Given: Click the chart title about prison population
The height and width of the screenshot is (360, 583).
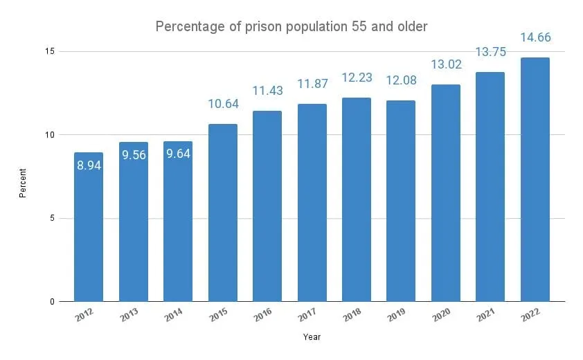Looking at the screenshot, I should [291, 26].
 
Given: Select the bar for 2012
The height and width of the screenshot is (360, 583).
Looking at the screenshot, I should [89, 228].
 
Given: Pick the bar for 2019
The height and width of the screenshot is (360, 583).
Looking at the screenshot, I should [401, 201].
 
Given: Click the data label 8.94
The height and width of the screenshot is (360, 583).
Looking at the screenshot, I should [89, 166].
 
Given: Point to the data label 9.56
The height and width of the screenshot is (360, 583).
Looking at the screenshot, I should [133, 156].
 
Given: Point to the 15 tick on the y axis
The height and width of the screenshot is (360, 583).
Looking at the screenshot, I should [52, 51].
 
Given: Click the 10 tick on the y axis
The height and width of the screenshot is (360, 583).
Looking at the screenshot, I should [52, 135].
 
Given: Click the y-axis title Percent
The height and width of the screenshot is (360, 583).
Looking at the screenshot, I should [23, 181].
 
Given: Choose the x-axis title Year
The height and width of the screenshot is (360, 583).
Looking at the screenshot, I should [312, 337].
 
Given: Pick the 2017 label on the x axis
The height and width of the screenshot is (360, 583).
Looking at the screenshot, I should [306, 316].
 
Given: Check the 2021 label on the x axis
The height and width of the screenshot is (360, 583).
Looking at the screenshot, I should [485, 316].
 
